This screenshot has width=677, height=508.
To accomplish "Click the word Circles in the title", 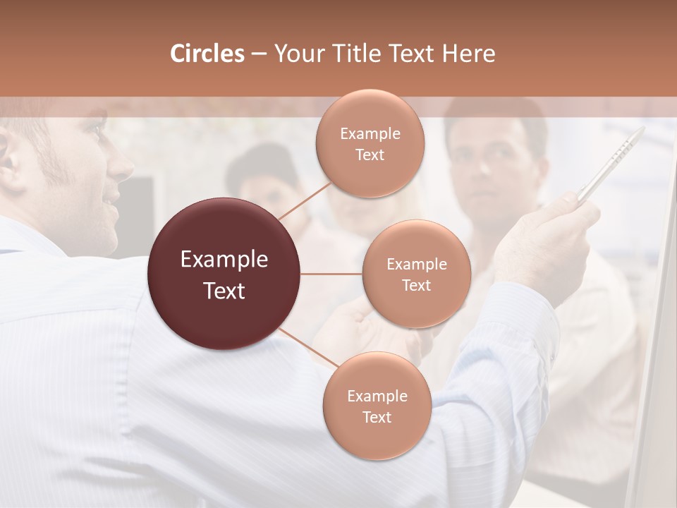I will pos(207,54).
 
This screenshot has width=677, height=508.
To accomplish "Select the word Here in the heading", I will pos(468,54).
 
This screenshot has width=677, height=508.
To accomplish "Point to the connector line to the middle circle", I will pos(331,274).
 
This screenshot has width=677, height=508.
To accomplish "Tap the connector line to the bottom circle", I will pos(308,347).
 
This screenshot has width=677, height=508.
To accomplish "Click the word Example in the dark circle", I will pos(224,260).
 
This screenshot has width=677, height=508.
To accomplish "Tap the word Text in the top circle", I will pos(370,155).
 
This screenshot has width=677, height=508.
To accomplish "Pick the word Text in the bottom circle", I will pos(377,417).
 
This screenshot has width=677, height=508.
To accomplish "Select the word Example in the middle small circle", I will pos(416,264).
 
